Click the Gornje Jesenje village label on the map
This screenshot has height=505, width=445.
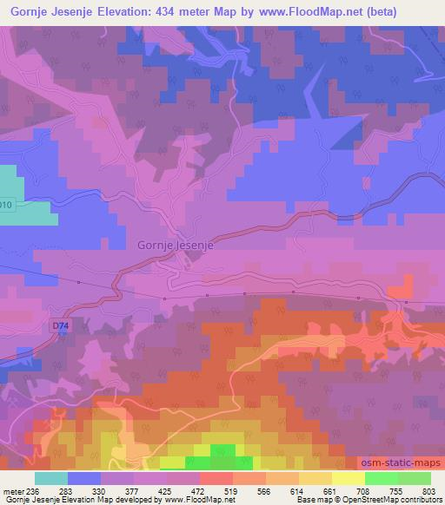point(176,245)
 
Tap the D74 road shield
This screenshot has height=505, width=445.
point(59,326)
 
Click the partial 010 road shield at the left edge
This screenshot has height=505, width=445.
point(5,205)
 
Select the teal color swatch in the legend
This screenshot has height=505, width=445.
point(51,479)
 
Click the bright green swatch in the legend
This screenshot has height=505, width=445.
point(382,479)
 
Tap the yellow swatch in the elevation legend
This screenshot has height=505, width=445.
point(349,479)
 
